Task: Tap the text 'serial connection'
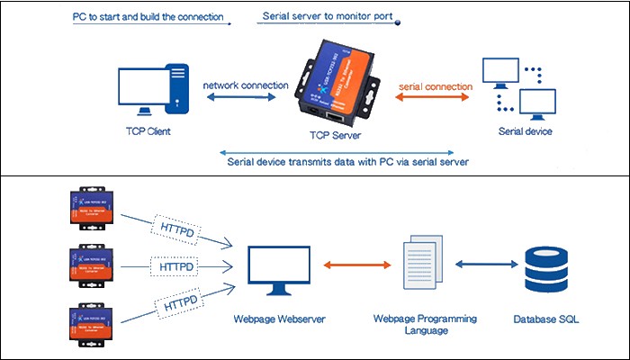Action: pyautogui.click(x=436, y=86)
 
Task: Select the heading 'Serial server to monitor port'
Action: pyautogui.click(x=327, y=17)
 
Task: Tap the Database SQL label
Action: pyautogui.click(x=548, y=319)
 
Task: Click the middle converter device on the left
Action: pyautogui.click(x=88, y=269)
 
